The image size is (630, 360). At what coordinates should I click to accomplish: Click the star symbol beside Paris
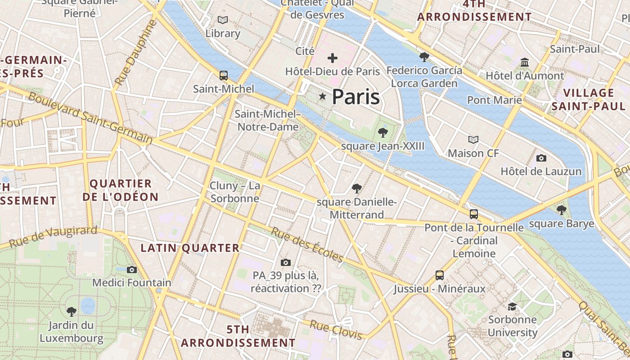(322, 96)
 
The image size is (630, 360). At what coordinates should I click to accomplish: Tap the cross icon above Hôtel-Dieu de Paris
(333, 58)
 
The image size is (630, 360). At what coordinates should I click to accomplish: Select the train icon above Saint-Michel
(223, 75)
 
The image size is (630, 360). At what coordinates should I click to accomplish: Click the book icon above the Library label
(222, 20)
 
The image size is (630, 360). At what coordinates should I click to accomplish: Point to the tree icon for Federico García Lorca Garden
(424, 57)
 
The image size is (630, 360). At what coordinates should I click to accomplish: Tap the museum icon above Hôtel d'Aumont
(524, 62)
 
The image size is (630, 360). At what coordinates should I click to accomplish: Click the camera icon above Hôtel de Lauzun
(541, 158)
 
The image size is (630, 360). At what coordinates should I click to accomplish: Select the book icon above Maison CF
(473, 139)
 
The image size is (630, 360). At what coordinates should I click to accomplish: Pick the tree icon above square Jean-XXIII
(383, 132)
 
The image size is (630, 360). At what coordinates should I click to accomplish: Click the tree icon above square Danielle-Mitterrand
(357, 188)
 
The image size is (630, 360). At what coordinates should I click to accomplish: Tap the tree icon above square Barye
(561, 210)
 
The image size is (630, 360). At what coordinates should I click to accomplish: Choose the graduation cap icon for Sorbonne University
(512, 306)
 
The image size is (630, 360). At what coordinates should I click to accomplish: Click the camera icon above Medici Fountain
(131, 270)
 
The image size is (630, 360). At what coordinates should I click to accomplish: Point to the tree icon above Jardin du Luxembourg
(71, 311)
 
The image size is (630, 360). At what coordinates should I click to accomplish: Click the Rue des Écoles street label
(307, 245)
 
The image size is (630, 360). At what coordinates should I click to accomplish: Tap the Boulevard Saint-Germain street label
(90, 117)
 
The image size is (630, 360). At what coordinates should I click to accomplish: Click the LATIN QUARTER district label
(190, 248)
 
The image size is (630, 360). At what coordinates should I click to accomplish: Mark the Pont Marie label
(494, 100)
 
